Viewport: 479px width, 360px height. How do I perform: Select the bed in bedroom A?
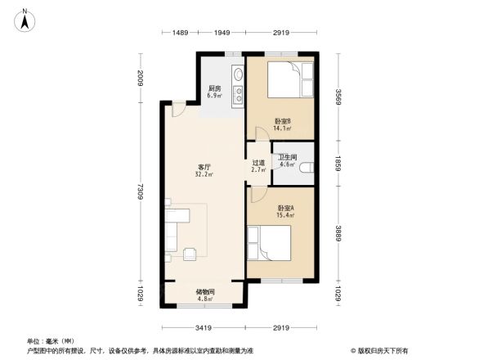coord(273,244)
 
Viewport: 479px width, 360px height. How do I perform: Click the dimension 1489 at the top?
coord(181,32)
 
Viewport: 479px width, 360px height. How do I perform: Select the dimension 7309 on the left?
coord(140,192)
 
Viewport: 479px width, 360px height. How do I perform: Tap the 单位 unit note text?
coord(49,340)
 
